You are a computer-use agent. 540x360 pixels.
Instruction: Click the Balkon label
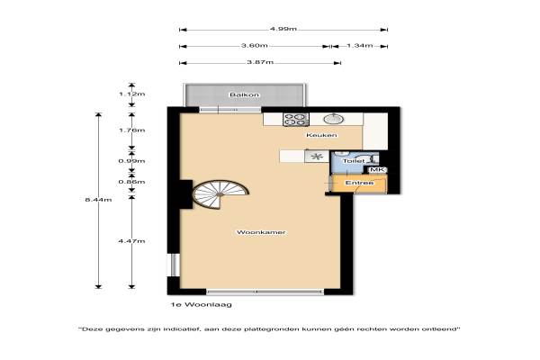[245, 94]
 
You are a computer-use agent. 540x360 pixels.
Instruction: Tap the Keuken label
[321, 135]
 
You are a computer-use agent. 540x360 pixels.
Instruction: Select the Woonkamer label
[261, 232]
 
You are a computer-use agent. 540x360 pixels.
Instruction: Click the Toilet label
[354, 161]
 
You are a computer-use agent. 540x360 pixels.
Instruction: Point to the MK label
[377, 170]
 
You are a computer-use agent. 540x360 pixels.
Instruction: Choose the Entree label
[359, 183]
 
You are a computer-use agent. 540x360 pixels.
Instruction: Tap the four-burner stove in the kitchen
[296, 119]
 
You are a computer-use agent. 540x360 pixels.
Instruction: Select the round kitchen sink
[333, 119]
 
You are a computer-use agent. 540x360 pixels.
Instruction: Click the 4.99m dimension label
[283, 29]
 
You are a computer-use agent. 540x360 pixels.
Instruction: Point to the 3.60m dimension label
[254, 46]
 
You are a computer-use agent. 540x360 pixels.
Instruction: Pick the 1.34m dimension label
[359, 46]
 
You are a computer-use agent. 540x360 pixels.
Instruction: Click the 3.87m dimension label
[260, 62]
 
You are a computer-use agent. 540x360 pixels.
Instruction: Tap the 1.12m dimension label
[132, 94]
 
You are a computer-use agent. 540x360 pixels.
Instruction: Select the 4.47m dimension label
[132, 241]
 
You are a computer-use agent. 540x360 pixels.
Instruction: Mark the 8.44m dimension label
[98, 200]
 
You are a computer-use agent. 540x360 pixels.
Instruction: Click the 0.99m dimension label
[132, 161]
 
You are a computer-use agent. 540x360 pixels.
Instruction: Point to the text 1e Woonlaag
[202, 304]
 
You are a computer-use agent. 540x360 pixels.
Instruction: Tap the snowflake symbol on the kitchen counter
[317, 157]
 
